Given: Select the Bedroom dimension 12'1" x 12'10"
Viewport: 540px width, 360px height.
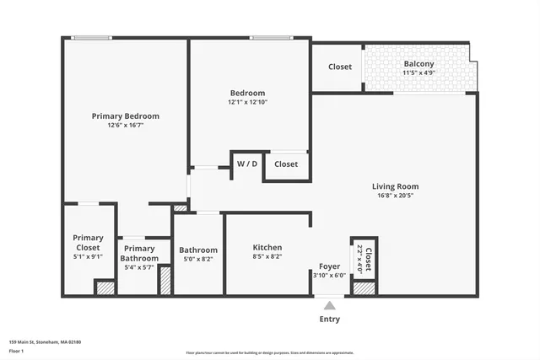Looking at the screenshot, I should pos(247,103).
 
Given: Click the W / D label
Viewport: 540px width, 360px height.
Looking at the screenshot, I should pos(247,164).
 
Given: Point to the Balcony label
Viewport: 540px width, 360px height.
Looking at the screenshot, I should pos(418,64).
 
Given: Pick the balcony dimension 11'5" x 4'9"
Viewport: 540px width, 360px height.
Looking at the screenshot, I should pos(418,73).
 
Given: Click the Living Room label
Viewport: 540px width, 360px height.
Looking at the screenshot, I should pos(395,186).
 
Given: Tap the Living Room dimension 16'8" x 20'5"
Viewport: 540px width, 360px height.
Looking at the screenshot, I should pos(395,196).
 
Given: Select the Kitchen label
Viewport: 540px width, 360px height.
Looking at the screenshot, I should pos(267,247).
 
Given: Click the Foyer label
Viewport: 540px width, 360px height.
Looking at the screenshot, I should pos(329,266).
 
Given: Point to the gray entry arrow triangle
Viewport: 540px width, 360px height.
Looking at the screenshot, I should pos(330,305).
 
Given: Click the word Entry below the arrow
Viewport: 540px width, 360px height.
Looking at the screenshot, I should pos(330,320).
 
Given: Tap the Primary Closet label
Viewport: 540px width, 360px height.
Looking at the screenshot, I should pos(88,243).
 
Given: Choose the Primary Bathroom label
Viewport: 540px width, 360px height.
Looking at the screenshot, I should pos(139,253).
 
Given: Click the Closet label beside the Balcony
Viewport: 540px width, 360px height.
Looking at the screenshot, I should pos(340,67).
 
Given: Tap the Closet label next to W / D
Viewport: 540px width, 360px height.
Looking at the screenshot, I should pos(286,164).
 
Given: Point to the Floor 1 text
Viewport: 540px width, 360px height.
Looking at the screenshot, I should pos(17,350).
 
